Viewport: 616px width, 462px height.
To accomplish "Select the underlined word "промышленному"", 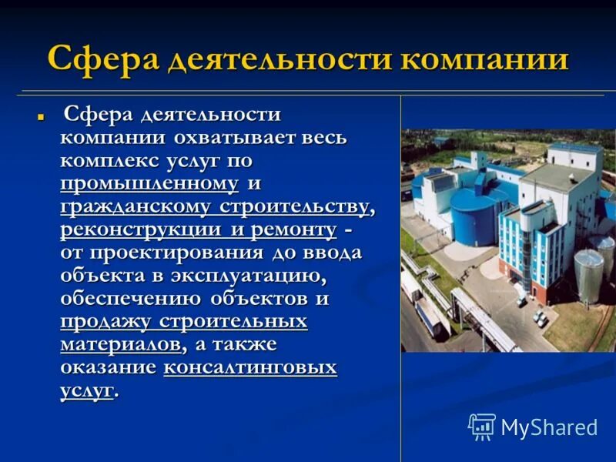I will coord(149,184).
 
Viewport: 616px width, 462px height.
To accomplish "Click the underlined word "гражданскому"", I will coord(137,207).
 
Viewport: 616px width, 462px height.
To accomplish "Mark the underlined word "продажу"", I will coord(105,321).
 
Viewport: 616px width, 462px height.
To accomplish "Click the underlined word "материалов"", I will coord(122,343).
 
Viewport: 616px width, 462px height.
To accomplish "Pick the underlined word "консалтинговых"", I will coord(250,367).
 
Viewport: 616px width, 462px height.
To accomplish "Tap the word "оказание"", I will coord(108,367).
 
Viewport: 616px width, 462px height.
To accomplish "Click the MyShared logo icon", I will coord(482,427).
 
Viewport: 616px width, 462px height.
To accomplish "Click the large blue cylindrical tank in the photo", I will coord(472,218).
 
